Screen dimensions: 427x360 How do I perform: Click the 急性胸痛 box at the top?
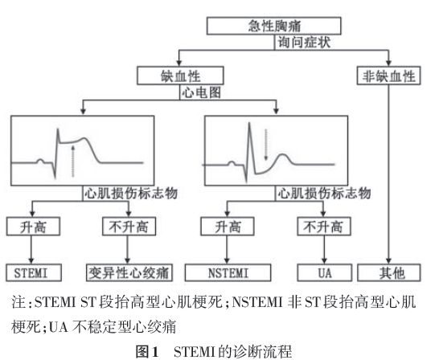pyautogui.click(x=273, y=26)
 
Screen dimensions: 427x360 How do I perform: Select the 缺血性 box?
pyautogui.click(x=180, y=76)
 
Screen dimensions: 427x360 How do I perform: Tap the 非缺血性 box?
pyautogui.click(x=388, y=76)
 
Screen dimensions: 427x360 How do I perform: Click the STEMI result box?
pyautogui.click(x=34, y=272)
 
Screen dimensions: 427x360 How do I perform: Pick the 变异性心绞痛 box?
pyautogui.click(x=129, y=272)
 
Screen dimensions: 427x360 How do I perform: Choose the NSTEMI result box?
pyautogui.click(x=228, y=272)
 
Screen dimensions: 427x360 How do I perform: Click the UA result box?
pyautogui.click(x=324, y=272)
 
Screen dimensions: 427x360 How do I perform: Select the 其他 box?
pyautogui.click(x=389, y=272)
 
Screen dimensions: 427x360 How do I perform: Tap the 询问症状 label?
pyautogui.click(x=304, y=43)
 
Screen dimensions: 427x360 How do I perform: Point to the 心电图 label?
pyautogui.click(x=201, y=92)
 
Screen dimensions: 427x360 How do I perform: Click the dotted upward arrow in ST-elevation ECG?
pyautogui.click(x=72, y=161)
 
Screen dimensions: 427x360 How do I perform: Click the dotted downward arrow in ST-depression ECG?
pyautogui.click(x=266, y=145)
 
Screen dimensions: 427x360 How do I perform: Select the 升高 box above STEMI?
pyautogui.click(x=33, y=226)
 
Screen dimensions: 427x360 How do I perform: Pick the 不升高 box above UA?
pyautogui.click(x=323, y=226)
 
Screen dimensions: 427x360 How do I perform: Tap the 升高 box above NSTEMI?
pyautogui.click(x=228, y=226)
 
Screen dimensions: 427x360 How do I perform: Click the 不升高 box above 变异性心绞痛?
pyautogui.click(x=129, y=226)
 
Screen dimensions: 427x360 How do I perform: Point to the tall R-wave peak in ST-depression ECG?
pyautogui.click(x=249, y=124)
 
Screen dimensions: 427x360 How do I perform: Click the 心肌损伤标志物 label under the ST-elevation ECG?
pyautogui.click(x=131, y=194)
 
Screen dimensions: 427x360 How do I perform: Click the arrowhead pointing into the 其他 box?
pyautogui.click(x=388, y=261)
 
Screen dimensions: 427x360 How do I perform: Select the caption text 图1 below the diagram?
pyautogui.click(x=147, y=352)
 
